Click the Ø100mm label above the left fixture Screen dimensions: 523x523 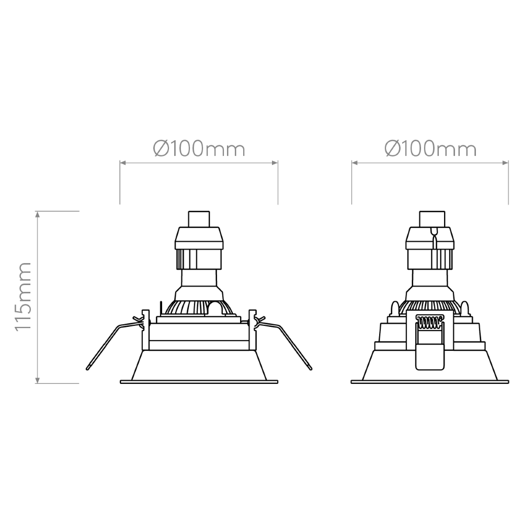click(x=199, y=149)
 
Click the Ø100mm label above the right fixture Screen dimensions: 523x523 click(x=430, y=149)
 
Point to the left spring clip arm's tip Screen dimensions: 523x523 click(x=87, y=369)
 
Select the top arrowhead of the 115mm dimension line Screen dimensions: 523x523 click(x=38, y=214)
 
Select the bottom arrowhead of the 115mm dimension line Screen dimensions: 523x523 click(x=38, y=380)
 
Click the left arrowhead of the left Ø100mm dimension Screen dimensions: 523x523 click(x=123, y=163)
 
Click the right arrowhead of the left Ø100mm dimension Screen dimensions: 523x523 click(x=275, y=163)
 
